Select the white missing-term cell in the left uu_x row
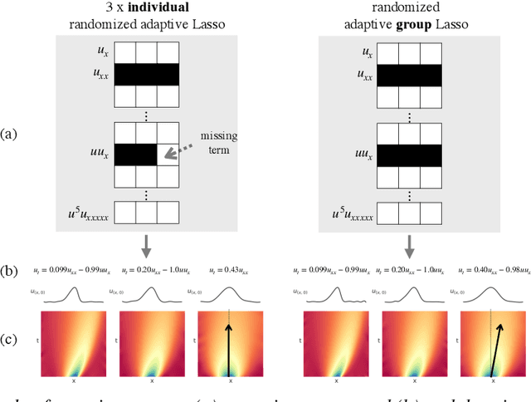[170, 154]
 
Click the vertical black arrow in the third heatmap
[230, 349]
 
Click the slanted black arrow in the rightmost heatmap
[496, 349]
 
